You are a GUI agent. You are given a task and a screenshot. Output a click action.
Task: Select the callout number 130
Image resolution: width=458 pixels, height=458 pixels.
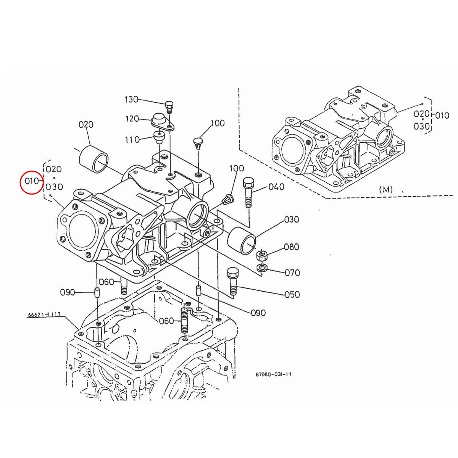pos(131,100)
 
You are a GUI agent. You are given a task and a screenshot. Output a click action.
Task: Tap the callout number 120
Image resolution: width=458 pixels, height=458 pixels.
pos(132,119)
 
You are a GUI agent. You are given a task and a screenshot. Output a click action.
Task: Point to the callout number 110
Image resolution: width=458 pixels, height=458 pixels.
pos(132,140)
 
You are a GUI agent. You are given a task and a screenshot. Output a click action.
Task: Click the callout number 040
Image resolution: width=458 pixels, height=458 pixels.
pos(276,187)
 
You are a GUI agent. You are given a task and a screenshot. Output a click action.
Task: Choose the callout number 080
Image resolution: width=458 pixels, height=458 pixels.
pos(292,247)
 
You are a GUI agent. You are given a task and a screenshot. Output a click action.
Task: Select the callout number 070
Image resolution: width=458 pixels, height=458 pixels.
pos(292,273)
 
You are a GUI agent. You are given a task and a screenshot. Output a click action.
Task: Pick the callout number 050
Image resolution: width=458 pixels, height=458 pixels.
pos(292,294)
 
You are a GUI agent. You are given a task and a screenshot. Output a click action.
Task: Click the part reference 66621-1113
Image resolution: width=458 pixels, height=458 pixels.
pos(44,315)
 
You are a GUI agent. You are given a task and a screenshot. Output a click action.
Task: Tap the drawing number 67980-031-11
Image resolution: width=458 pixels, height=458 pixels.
pos(274,374)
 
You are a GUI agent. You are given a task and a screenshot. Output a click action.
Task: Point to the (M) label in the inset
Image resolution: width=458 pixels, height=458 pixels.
pos(386,189)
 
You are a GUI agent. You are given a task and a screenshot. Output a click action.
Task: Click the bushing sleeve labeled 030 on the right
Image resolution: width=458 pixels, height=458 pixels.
pos(241,241)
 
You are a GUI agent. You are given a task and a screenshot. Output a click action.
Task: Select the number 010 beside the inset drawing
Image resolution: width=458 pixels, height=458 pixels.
pos(442,114)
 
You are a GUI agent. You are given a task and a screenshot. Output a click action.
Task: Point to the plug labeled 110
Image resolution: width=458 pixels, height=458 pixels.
pos(158,136)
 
